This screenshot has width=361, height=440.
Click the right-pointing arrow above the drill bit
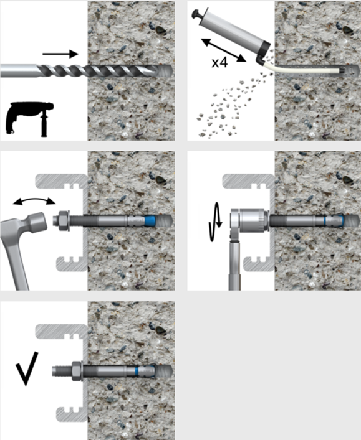tap(60, 54)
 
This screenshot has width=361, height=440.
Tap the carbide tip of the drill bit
tap(165, 71)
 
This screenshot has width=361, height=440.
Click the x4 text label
tap(219, 63)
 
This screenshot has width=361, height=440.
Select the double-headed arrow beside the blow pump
tap(224, 50)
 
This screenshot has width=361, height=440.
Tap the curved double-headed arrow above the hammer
tap(34, 200)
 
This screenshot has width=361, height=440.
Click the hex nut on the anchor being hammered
tap(64, 220)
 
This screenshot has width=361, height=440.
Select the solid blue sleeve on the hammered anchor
tap(150, 220)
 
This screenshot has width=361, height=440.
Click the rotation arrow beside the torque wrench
tap(215, 222)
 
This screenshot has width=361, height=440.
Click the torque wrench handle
tap(235, 265)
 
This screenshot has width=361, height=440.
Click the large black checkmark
tap(27, 368)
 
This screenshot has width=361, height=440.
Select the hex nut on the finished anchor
tap(77, 371)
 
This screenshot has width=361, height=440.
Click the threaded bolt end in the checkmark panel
tap(62, 371)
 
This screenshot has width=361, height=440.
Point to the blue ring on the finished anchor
tap(137, 371)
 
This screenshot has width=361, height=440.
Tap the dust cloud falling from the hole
tap(231, 106)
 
